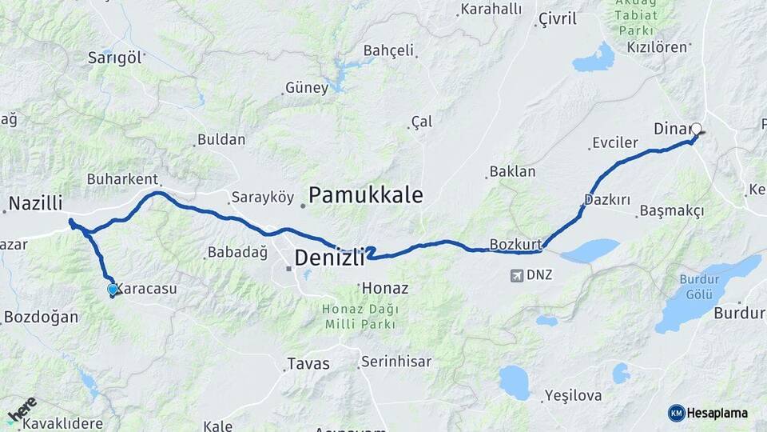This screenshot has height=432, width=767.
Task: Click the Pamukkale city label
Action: (x=365, y=194)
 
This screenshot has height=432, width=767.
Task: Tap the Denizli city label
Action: (x=329, y=258)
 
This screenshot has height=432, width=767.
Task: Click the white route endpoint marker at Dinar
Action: (x=696, y=129)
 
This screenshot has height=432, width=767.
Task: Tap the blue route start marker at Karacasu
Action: (x=113, y=290)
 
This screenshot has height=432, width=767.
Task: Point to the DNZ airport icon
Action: (x=517, y=275)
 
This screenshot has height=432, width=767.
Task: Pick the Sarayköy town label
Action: (x=262, y=197)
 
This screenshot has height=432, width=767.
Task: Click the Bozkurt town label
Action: (x=516, y=243)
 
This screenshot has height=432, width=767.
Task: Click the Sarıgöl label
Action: (x=115, y=57)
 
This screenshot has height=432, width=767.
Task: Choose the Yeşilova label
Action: (x=571, y=395)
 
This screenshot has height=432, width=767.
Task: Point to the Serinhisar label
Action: (x=395, y=362)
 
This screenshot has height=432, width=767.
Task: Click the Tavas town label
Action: (x=308, y=364)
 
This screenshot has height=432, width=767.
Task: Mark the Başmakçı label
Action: (x=672, y=211)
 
